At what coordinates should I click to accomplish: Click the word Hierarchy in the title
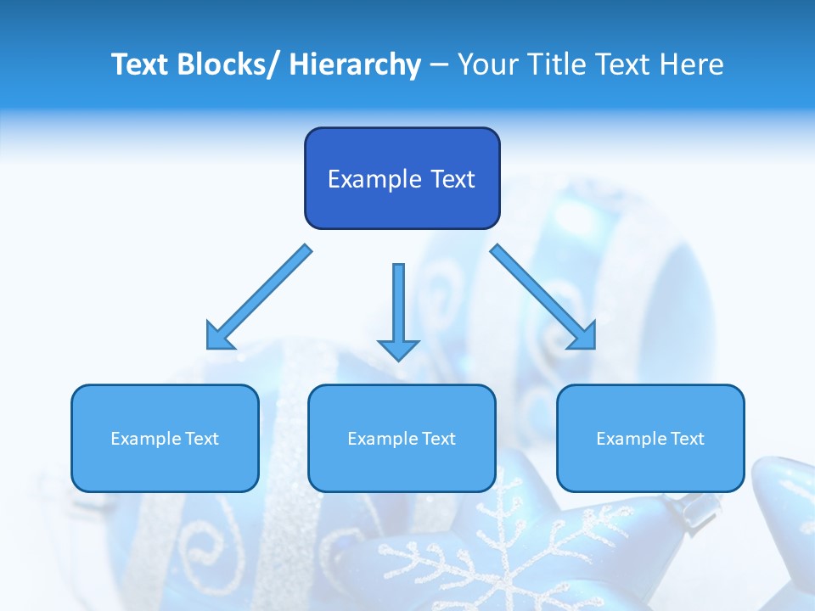coord(356,64)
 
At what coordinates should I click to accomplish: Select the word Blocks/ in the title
coord(227,64)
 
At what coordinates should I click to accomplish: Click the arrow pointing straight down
coord(398,310)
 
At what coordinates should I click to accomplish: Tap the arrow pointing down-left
coord(259,297)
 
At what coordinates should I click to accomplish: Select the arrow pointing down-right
coord(543,297)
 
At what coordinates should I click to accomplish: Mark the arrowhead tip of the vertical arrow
coord(398,360)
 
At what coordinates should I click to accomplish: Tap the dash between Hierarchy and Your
coord(439,65)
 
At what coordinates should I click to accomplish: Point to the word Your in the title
coord(486,64)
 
